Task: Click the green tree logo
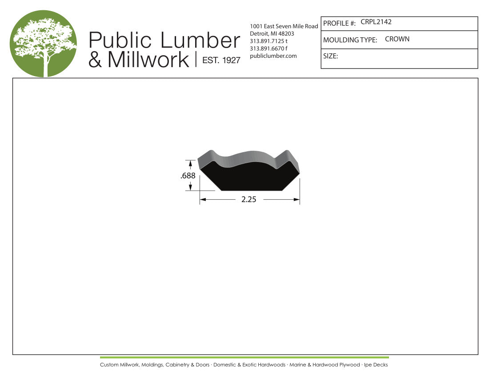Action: pyautogui.click(x=43, y=44)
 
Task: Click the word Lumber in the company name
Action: pyautogui.click(x=200, y=40)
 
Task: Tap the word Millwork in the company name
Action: pyautogui.click(x=148, y=60)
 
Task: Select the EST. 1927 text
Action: pyautogui.click(x=221, y=60)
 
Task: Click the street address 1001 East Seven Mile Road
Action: pyautogui.click(x=284, y=26)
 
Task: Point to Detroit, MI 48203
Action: pyautogui.click(x=272, y=34)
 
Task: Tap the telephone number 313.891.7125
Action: pyautogui.click(x=267, y=41)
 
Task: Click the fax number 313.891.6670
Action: pyautogui.click(x=267, y=48)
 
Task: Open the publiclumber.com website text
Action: pyautogui.click(x=273, y=56)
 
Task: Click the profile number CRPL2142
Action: pyautogui.click(x=376, y=22)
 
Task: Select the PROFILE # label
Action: pyautogui.click(x=340, y=23)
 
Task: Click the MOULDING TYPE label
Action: pyautogui.click(x=350, y=40)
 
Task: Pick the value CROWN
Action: pyautogui.click(x=397, y=39)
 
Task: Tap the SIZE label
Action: pyautogui.click(x=331, y=56)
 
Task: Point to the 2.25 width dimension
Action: pyautogui.click(x=249, y=199)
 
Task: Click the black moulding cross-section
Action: pyautogui.click(x=249, y=178)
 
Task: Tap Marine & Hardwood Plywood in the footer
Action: pyautogui.click(x=325, y=365)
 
